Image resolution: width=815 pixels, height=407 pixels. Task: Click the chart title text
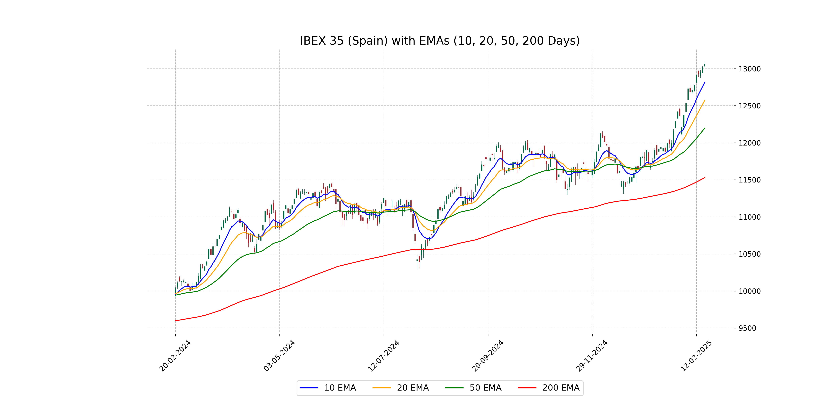point(440,41)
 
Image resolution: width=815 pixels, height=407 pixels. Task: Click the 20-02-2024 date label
point(175,356)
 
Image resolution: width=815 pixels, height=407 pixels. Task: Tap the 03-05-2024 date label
point(279,356)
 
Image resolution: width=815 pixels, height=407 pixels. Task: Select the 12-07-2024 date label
point(383,356)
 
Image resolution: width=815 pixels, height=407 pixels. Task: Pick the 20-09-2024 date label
point(487,356)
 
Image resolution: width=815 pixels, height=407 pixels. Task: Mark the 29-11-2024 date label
point(592,356)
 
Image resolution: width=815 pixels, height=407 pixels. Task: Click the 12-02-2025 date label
point(696,356)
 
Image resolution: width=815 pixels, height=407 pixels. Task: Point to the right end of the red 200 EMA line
point(705,178)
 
